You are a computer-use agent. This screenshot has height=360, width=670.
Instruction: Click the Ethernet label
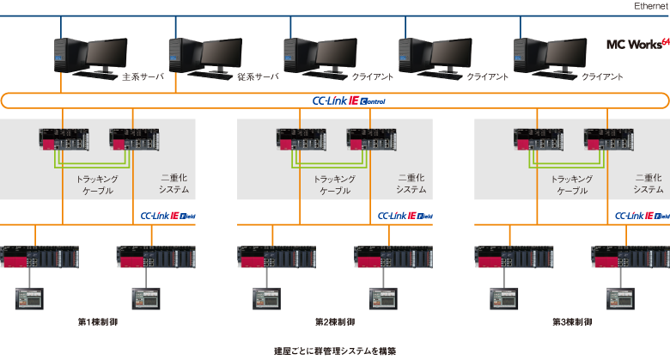tap(651, 6)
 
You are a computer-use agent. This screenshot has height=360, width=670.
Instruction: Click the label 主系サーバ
tap(142, 76)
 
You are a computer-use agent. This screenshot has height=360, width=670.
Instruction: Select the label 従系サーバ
tap(258, 76)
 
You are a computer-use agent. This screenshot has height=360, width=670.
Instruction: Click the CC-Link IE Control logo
tap(349, 101)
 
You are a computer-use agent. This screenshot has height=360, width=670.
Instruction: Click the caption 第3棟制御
tap(571, 322)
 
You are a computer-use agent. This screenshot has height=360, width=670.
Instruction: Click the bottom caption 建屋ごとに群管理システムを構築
tap(336, 351)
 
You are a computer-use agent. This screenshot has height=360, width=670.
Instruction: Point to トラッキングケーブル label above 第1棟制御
tap(97, 185)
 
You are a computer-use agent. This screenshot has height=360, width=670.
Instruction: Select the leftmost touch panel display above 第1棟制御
tap(28, 298)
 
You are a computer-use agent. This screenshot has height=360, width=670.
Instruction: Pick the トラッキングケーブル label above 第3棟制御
tap(572, 185)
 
